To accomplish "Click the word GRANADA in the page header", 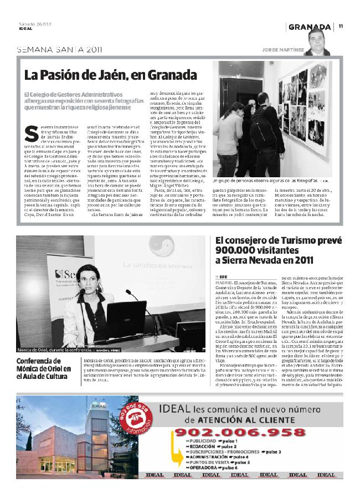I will [x=310, y=27].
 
